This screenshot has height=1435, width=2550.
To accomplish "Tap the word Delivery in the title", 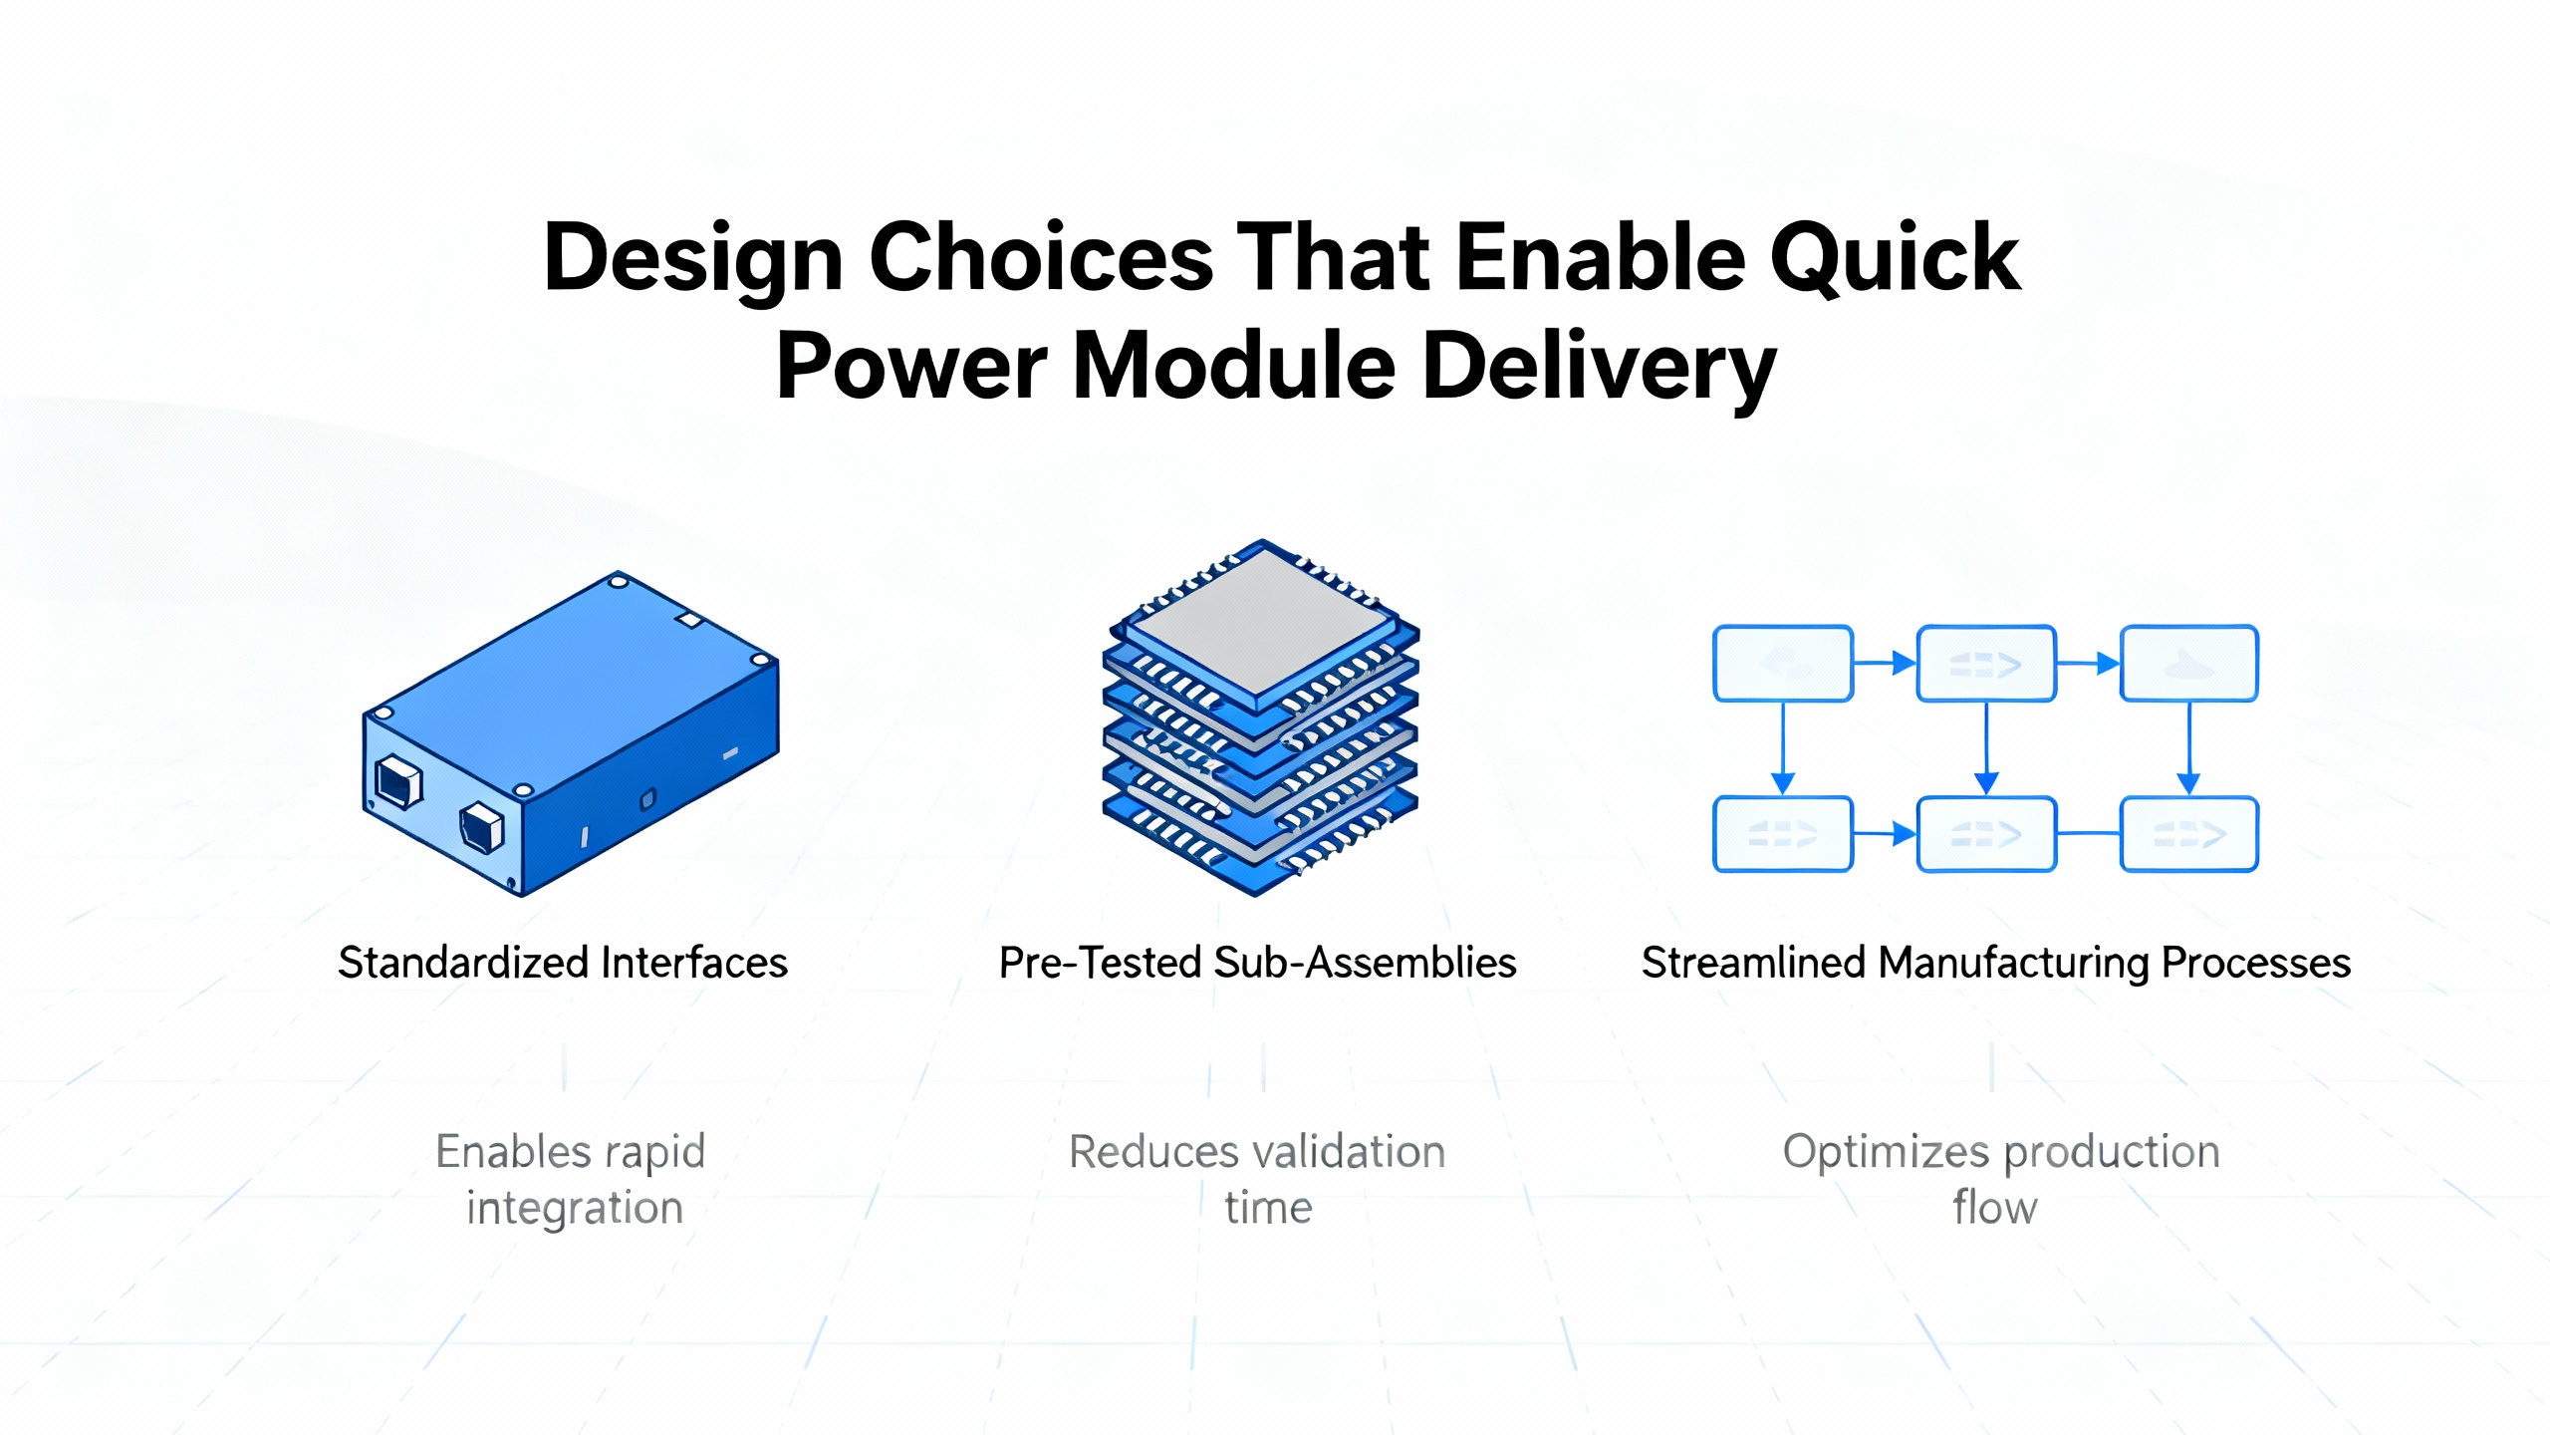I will click(1600, 368).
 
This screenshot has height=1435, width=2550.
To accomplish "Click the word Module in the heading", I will click(1233, 366).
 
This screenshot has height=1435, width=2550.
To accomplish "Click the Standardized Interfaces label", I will click(563, 963).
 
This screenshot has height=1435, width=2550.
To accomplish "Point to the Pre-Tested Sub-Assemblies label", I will click(1257, 963).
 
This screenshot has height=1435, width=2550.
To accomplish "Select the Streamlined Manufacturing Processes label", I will click(1995, 963).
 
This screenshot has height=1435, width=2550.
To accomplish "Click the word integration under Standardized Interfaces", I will click(575, 1208).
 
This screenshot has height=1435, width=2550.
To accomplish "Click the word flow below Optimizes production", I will click(1994, 1208).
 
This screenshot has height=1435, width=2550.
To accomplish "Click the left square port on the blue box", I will click(398, 781).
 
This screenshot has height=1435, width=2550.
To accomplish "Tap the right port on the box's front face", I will click(482, 827).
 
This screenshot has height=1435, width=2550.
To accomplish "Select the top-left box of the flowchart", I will click(1782, 664).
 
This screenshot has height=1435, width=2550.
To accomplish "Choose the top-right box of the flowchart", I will click(2188, 664).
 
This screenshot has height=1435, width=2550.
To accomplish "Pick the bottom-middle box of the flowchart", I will click(1986, 834).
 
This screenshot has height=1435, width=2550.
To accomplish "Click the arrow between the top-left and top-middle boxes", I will click(1885, 663).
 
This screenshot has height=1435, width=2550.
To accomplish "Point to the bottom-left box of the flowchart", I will click(1782, 834).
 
